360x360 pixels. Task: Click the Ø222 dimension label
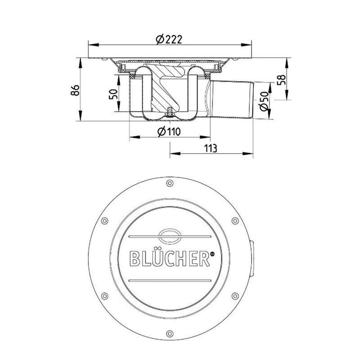coord(169,39)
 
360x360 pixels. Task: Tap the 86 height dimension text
coord(75,90)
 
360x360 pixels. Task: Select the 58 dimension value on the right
coord(281,80)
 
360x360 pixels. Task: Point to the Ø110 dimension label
coord(169,132)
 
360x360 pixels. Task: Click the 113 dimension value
coord(211,148)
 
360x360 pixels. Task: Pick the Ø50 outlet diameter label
coord(264,101)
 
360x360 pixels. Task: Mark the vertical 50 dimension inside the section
coord(113,94)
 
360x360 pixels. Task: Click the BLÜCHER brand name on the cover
coord(169,259)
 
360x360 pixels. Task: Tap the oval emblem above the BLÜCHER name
coord(170,236)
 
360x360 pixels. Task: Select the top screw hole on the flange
coord(169,183)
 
